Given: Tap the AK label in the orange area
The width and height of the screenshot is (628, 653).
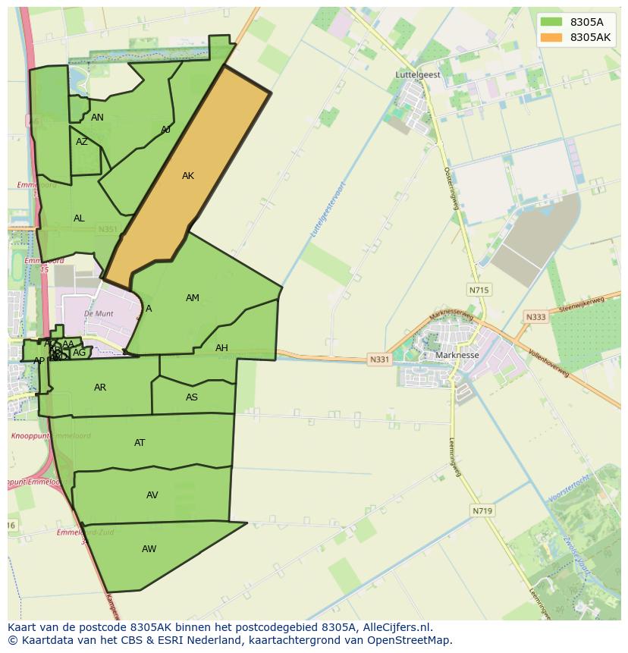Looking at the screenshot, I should pyautogui.click(x=188, y=176).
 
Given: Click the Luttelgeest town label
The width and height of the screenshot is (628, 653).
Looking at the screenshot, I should pyautogui.click(x=418, y=75).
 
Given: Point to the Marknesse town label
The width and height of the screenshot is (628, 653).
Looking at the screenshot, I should pyautogui.click(x=457, y=355).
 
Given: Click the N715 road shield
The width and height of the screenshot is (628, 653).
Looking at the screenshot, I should pyautogui.click(x=479, y=290).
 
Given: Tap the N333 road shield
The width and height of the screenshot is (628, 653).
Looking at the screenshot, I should pyautogui.click(x=535, y=317).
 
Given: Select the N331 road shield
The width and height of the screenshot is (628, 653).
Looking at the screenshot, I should pyautogui.click(x=379, y=359).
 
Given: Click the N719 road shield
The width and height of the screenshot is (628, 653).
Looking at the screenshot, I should pyautogui.click(x=482, y=511).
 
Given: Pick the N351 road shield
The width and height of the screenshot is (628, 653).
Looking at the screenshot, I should pyautogui.click(x=108, y=229).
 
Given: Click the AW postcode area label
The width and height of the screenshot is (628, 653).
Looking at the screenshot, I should pyautogui.click(x=149, y=548).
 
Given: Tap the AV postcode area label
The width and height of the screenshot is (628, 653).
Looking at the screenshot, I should pyautogui.click(x=152, y=495).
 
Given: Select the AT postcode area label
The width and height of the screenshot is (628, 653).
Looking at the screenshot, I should pyautogui.click(x=140, y=443).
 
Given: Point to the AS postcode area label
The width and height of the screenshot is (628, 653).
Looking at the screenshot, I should pyautogui.click(x=192, y=397).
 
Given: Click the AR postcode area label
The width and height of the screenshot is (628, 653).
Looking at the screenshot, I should pyautogui.click(x=100, y=388).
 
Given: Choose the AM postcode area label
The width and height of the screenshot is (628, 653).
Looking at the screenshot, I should pyautogui.click(x=193, y=298).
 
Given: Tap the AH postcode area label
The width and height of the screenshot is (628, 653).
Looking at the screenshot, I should pyautogui.click(x=221, y=348).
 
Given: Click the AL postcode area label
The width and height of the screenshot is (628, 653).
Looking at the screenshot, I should pyautogui.click(x=79, y=218).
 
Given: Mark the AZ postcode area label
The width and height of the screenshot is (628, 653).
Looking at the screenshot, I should pyautogui.click(x=82, y=142).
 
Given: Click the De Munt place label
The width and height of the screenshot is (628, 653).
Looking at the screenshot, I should pyautogui.click(x=99, y=312).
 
